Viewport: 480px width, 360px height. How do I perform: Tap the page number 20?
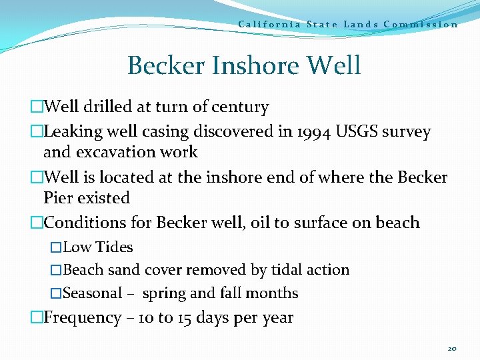pos(453,349)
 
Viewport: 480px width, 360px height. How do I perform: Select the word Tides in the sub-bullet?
pos(114,247)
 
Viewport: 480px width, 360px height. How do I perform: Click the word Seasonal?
pos(92,293)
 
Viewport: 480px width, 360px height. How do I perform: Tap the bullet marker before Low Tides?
pos(56,247)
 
